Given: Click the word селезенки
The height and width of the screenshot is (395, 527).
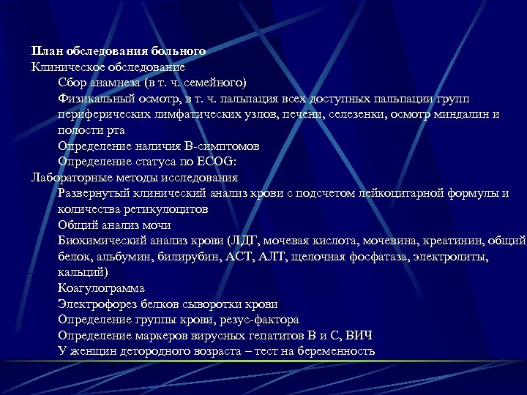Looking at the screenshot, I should click(356, 114).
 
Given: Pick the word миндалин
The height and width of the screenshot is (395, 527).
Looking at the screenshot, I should click(466, 114).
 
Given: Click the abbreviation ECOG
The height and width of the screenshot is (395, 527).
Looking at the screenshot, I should click(213, 162).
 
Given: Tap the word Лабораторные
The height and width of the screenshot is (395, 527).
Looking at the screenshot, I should click(74, 177).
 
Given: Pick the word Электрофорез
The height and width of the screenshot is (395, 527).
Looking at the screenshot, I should click(95, 304).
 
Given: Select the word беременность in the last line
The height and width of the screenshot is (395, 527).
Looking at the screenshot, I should click(329, 352).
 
